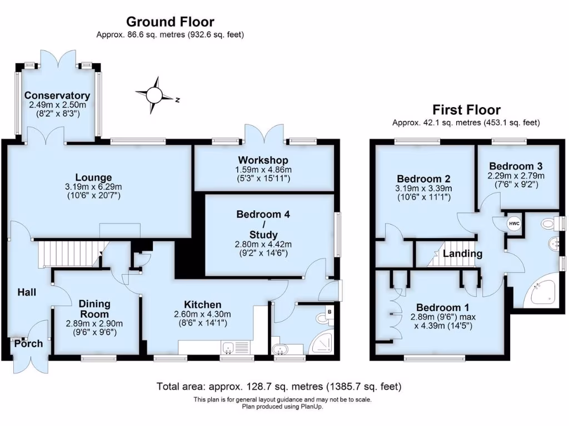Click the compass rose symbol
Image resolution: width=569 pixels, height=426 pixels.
pyautogui.click(x=155, y=94)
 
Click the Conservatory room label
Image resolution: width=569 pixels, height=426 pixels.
pyautogui.click(x=57, y=95)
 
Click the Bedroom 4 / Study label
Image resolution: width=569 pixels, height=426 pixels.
pyautogui.click(x=263, y=224)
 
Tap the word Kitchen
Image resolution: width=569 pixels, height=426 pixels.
pyautogui.click(x=203, y=305)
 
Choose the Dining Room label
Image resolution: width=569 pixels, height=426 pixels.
pyautogui.click(x=94, y=308)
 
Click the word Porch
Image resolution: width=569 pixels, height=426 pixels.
pyautogui.click(x=28, y=343)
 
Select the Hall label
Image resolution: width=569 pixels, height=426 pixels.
pyautogui.click(x=27, y=292)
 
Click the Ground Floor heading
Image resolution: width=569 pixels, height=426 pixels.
pyautogui.click(x=170, y=22)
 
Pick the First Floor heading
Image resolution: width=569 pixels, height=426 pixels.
pyautogui.click(x=466, y=110)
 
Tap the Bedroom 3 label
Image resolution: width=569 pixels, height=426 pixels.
pyautogui.click(x=516, y=166)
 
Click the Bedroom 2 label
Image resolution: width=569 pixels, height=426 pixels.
pyautogui.click(x=423, y=179)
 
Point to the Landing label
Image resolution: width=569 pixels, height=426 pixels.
pyautogui.click(x=462, y=254)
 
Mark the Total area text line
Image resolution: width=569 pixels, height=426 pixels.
pyautogui.click(x=279, y=386)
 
